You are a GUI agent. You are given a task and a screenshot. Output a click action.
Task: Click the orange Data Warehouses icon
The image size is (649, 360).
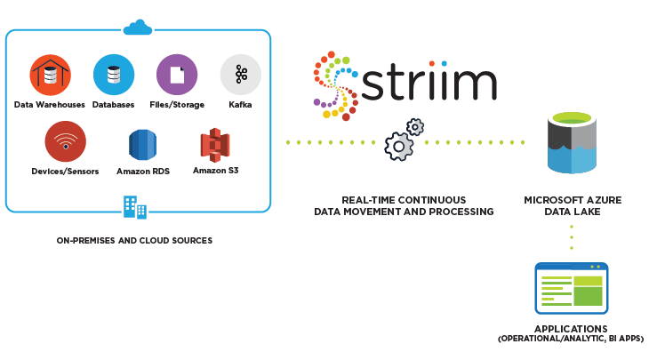(x=51, y=75)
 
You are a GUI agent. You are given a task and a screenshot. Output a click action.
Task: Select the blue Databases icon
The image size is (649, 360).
(x=114, y=75)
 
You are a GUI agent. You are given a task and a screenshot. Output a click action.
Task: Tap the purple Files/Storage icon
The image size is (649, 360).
(x=177, y=75)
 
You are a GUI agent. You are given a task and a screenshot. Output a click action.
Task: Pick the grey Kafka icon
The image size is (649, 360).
(x=240, y=75)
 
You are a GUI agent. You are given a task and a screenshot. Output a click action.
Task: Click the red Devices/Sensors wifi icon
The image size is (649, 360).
(x=66, y=141)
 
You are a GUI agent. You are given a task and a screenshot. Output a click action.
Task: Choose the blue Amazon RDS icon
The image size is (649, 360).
(x=143, y=145)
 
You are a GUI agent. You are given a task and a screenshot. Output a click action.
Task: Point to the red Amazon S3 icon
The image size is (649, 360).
(x=215, y=145)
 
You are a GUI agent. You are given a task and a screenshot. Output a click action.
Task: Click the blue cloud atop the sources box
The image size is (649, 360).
(x=138, y=28)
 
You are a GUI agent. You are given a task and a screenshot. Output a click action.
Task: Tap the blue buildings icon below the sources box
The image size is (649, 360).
(x=135, y=207)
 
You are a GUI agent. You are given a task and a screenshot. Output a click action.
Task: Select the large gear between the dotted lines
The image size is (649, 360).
(x=398, y=146)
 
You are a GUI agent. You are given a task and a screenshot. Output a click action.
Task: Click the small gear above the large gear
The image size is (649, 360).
(x=415, y=127)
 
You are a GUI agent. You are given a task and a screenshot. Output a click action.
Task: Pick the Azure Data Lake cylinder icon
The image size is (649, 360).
(x=572, y=143)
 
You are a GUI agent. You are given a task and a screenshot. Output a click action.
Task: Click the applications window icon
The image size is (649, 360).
(x=572, y=288)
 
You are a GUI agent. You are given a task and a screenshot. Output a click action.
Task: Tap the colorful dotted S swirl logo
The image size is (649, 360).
(x=336, y=86)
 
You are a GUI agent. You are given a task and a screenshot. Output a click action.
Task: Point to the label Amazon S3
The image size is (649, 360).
(x=216, y=171)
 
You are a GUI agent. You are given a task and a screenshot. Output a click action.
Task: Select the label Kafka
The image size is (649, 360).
(x=240, y=105)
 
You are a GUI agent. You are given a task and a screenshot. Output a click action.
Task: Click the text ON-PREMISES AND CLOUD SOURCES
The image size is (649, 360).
(x=134, y=240)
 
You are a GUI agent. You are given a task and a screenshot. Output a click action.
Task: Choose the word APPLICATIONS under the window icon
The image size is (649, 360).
(x=571, y=329)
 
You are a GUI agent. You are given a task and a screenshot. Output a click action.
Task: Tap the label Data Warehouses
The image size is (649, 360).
(x=49, y=105)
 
